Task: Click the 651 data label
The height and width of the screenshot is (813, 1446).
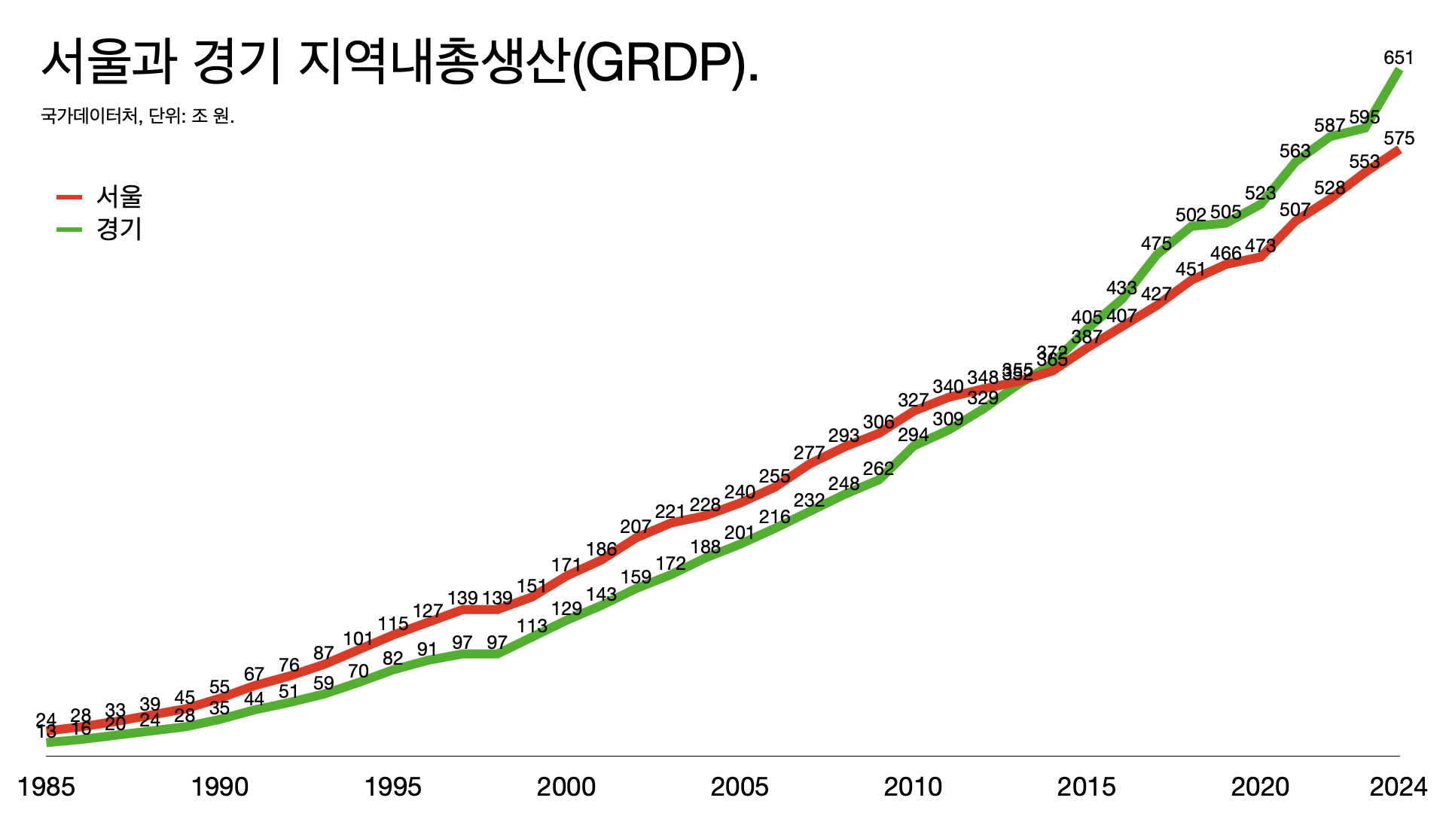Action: (1399, 58)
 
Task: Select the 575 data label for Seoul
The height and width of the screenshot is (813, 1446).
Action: (1399, 139)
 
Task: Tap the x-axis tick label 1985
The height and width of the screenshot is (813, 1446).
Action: (47, 787)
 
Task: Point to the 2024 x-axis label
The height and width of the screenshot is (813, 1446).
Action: (1398, 787)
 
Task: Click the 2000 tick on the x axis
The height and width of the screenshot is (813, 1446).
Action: (566, 787)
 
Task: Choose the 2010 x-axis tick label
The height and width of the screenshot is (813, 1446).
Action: (913, 787)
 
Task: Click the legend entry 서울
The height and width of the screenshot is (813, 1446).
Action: (119, 197)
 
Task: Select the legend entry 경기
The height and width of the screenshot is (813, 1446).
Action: (119, 229)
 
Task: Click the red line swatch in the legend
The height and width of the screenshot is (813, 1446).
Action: (69, 197)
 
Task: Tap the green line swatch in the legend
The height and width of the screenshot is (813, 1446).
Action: (69, 229)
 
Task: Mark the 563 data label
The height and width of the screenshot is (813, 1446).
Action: (1295, 151)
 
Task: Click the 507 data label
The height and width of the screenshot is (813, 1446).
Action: (1295, 209)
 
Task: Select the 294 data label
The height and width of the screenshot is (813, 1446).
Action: (913, 434)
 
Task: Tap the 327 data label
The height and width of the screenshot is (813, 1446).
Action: (913, 400)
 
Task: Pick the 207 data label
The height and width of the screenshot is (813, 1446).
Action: (636, 526)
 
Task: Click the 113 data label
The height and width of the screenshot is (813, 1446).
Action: (532, 626)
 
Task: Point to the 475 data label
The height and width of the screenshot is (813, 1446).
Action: (1156, 243)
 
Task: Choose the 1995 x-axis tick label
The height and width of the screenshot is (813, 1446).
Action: (393, 787)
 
